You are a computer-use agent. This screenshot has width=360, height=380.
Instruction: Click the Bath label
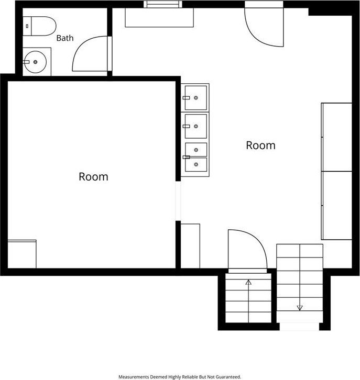point(65,38)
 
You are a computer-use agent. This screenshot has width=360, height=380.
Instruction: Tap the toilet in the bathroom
point(39,26)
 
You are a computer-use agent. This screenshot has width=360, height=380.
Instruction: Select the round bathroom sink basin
point(36,62)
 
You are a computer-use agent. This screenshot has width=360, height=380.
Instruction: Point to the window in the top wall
point(163,4)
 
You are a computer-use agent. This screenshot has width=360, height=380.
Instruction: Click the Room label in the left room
point(93,176)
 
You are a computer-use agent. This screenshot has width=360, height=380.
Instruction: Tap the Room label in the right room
point(261,145)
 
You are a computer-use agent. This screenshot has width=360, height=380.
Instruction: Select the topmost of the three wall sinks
point(195,98)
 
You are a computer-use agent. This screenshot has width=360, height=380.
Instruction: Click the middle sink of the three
point(195,126)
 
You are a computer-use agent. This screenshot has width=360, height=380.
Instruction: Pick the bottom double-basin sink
point(195,157)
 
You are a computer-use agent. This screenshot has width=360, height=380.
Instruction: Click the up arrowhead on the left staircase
point(248,282)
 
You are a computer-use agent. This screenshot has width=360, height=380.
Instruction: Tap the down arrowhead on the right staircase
point(300,308)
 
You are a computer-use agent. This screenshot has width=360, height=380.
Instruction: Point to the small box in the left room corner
point(22,254)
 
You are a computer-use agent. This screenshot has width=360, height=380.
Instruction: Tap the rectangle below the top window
point(159,17)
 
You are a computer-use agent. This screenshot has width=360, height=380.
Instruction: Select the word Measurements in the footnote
point(134,377)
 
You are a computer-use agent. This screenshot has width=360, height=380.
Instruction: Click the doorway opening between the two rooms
point(178,201)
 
